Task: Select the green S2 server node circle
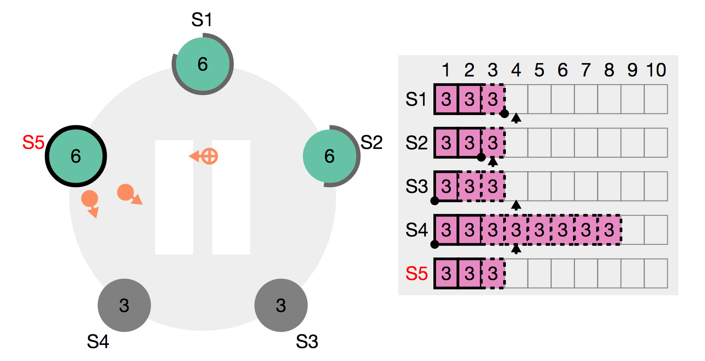pyautogui.click(x=329, y=156)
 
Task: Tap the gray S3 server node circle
pyautogui.click(x=281, y=305)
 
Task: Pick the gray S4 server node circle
pyautogui.click(x=124, y=305)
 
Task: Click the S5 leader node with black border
pyautogui.click(x=76, y=156)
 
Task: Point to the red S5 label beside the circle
pyautogui.click(x=33, y=143)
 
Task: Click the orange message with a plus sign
pyautogui.click(x=209, y=156)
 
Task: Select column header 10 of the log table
pyautogui.click(x=656, y=70)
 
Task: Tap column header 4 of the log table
pyautogui.click(x=516, y=70)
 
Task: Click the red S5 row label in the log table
pyautogui.click(x=417, y=273)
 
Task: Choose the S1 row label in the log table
pyautogui.click(x=417, y=99)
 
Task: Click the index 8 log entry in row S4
pyautogui.click(x=609, y=230)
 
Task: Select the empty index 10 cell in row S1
pyautogui.click(x=656, y=99)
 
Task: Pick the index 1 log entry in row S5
pyautogui.click(x=446, y=273)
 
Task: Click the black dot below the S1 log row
pyautogui.click(x=504, y=113)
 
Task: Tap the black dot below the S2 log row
pyautogui.click(x=481, y=157)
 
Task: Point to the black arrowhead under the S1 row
pyautogui.click(x=516, y=118)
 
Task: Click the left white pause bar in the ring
pyautogui.click(x=174, y=197)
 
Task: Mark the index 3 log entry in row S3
pyautogui.click(x=493, y=186)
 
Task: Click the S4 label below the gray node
pyautogui.click(x=98, y=342)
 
